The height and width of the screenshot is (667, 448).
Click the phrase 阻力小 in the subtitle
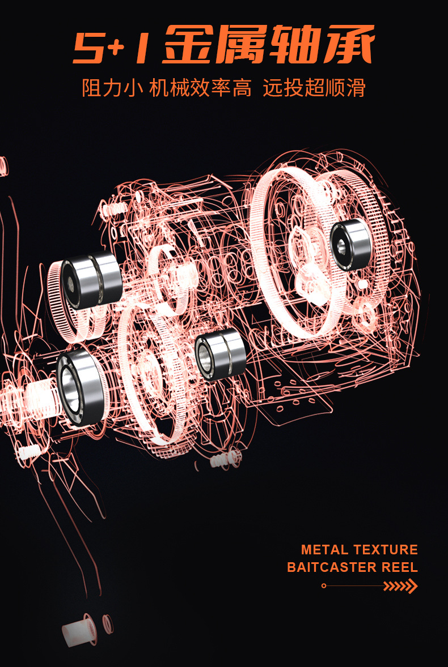[112, 88]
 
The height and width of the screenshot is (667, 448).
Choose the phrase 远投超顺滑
[314, 88]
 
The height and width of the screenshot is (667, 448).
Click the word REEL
[400, 567]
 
